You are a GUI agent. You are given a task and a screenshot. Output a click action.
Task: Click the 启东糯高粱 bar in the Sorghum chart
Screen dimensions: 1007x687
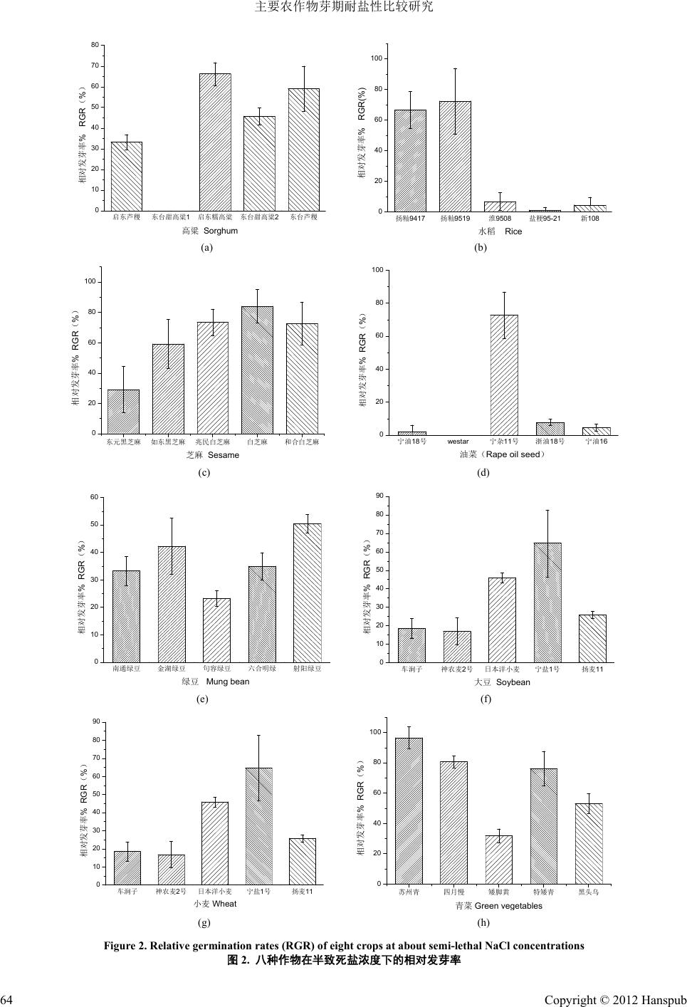[x=215, y=142]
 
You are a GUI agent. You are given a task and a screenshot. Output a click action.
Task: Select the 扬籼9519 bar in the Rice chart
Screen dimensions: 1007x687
[x=455, y=157]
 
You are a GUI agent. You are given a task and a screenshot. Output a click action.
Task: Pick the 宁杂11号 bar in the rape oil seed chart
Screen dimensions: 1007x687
[x=504, y=375]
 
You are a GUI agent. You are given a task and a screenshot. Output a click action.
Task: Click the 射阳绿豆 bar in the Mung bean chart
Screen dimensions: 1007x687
[x=308, y=593]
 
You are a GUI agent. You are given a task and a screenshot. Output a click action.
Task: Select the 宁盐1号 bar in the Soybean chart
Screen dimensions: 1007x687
[x=547, y=602]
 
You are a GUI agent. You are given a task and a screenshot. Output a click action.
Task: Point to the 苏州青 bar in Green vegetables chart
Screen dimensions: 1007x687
[x=409, y=810]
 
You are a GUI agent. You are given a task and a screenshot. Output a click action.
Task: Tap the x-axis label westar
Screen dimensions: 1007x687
[x=458, y=442]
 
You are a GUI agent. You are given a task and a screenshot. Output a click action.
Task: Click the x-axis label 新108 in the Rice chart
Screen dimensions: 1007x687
[x=589, y=218]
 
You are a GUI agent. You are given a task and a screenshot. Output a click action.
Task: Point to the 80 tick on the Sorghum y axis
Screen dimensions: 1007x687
[x=95, y=46]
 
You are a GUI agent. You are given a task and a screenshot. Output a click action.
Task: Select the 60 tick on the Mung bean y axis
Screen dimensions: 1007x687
[x=93, y=497]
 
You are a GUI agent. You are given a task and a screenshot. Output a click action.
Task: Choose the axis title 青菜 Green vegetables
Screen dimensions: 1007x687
[x=498, y=906]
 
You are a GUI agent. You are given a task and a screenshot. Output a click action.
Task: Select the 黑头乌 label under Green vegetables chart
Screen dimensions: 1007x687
[x=589, y=892]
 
